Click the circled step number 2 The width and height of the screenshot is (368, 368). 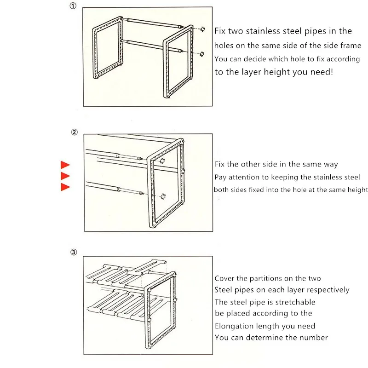(x=75, y=132)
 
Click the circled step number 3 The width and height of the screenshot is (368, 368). (x=74, y=252)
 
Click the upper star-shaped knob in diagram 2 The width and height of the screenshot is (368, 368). (x=161, y=161)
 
